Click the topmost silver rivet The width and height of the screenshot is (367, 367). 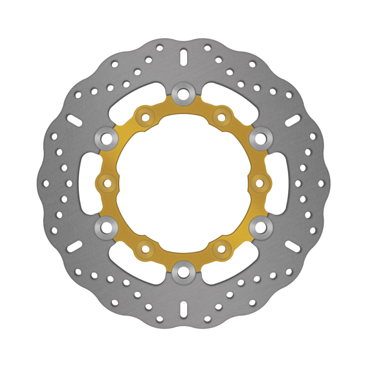point(183,93)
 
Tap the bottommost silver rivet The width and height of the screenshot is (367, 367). point(183,274)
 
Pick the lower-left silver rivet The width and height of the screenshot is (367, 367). point(106,228)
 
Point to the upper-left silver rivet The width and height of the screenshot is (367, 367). point(106,138)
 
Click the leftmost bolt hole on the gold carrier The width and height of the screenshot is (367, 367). point(108,183)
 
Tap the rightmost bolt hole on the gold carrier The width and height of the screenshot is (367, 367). point(259,183)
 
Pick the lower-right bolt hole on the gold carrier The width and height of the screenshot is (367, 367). point(221,249)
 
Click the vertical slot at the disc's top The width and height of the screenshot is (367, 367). point(183,58)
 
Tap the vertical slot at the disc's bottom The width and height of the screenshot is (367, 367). point(183,309)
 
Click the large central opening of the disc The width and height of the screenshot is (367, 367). point(183,183)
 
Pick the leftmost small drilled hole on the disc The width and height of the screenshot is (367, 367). point(46,183)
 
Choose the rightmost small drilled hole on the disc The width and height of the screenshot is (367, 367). point(321,183)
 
